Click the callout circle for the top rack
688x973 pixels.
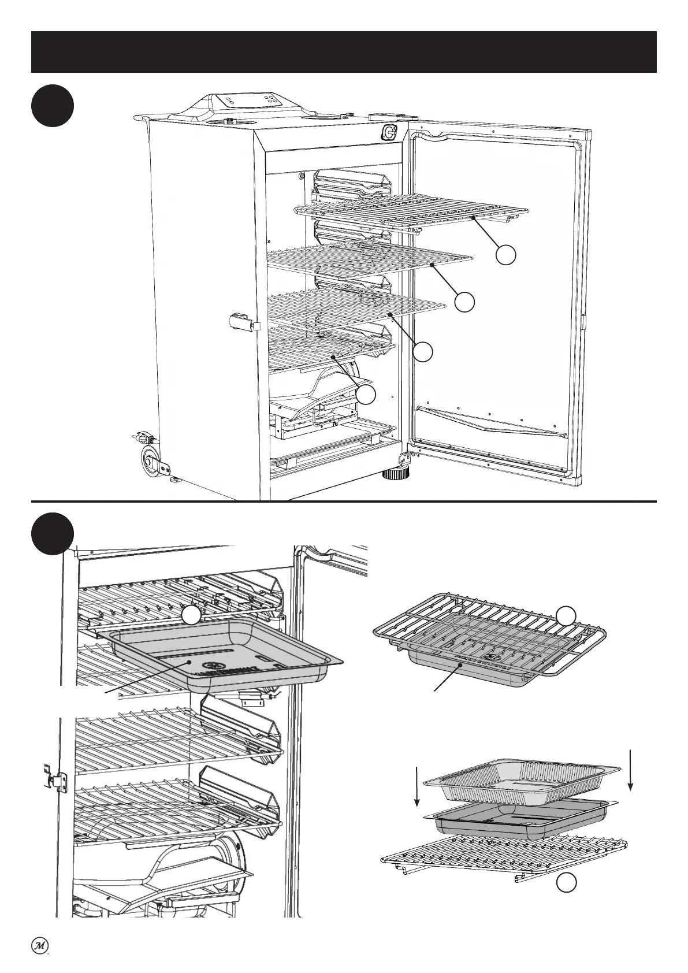506,255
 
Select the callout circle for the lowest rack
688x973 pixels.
366,395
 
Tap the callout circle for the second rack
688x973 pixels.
464,301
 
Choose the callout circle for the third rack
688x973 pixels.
423,351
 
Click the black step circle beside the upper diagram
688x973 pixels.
53,106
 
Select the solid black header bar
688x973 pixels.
344,52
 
